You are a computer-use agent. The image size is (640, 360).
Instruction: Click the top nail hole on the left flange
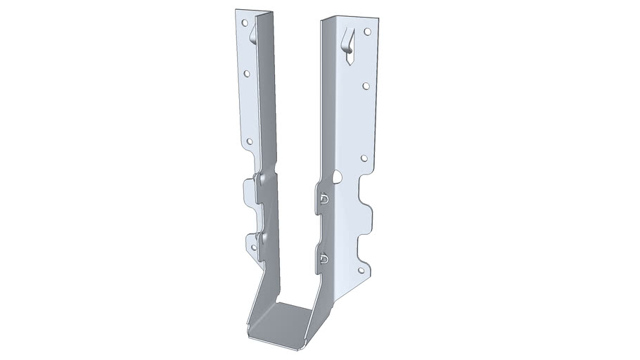pos(245,22)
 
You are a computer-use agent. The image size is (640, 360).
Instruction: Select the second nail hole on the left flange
pos(247,72)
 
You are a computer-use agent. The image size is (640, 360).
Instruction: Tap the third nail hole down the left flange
pos(249,141)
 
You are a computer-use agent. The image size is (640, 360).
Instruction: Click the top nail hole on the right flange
pos(366,31)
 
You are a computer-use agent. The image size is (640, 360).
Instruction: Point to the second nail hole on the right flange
pos(366,86)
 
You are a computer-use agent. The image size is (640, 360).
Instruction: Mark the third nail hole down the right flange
pos(364,158)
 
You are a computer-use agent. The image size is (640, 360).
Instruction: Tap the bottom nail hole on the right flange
pos(361,270)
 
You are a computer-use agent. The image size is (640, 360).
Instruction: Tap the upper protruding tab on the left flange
pos(249,191)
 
